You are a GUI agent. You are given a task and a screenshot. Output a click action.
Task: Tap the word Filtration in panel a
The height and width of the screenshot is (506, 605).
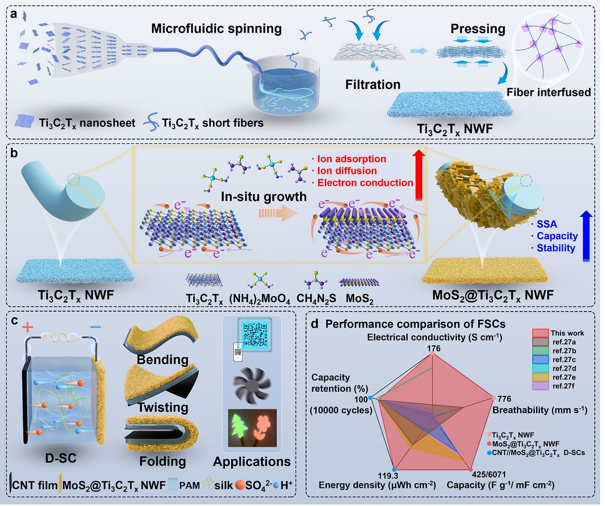pyautogui.click(x=373, y=85)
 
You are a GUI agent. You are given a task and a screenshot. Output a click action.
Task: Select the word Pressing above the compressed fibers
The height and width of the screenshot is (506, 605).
pyautogui.click(x=478, y=29)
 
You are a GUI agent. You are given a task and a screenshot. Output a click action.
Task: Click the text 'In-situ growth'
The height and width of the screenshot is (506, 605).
pyautogui.click(x=263, y=197)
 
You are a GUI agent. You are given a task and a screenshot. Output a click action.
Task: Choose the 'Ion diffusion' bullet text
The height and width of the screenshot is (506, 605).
pyautogui.click(x=347, y=171)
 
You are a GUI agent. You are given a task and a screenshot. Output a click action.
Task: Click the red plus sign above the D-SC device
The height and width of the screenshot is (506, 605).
pyautogui.click(x=28, y=327)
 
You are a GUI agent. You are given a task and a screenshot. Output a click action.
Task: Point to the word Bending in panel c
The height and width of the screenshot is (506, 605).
pyautogui.click(x=163, y=360)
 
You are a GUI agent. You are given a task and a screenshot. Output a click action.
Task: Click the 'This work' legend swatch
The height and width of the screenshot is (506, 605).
pyautogui.click(x=540, y=333)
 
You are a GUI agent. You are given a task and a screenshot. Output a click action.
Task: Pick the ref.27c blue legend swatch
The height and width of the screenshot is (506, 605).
pyautogui.click(x=540, y=360)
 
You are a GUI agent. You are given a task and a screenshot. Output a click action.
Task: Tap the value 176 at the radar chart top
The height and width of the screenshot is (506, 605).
pyautogui.click(x=433, y=349)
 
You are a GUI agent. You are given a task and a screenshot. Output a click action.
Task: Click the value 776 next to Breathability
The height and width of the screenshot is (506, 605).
pyautogui.click(x=504, y=399)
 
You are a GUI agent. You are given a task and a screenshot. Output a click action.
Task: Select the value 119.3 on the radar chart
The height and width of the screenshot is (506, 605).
pyautogui.click(x=388, y=476)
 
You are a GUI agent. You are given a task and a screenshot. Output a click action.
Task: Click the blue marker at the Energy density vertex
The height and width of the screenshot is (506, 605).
pyautogui.click(x=394, y=469)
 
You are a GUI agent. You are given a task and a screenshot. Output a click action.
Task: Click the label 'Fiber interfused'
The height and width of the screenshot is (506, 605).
pyautogui.click(x=548, y=93)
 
